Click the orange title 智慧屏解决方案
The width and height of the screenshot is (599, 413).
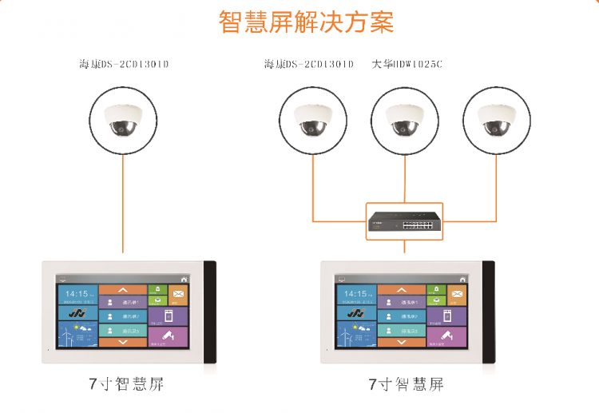click(306, 22)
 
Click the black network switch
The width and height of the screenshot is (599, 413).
click(404, 219)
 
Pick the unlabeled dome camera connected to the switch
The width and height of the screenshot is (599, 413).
click(496, 117)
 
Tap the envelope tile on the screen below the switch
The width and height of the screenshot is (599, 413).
click(457, 296)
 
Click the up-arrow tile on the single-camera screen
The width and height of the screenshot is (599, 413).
click(123, 289)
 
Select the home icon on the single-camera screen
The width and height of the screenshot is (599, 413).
click(184, 279)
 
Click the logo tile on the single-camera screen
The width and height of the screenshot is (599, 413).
click(77, 314)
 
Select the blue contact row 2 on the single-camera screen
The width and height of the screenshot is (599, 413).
click(123, 316)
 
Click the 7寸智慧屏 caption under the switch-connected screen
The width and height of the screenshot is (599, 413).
click(406, 384)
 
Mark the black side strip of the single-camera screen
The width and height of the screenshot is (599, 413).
click(210, 312)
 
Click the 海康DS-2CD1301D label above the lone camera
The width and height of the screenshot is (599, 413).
click(125, 64)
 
